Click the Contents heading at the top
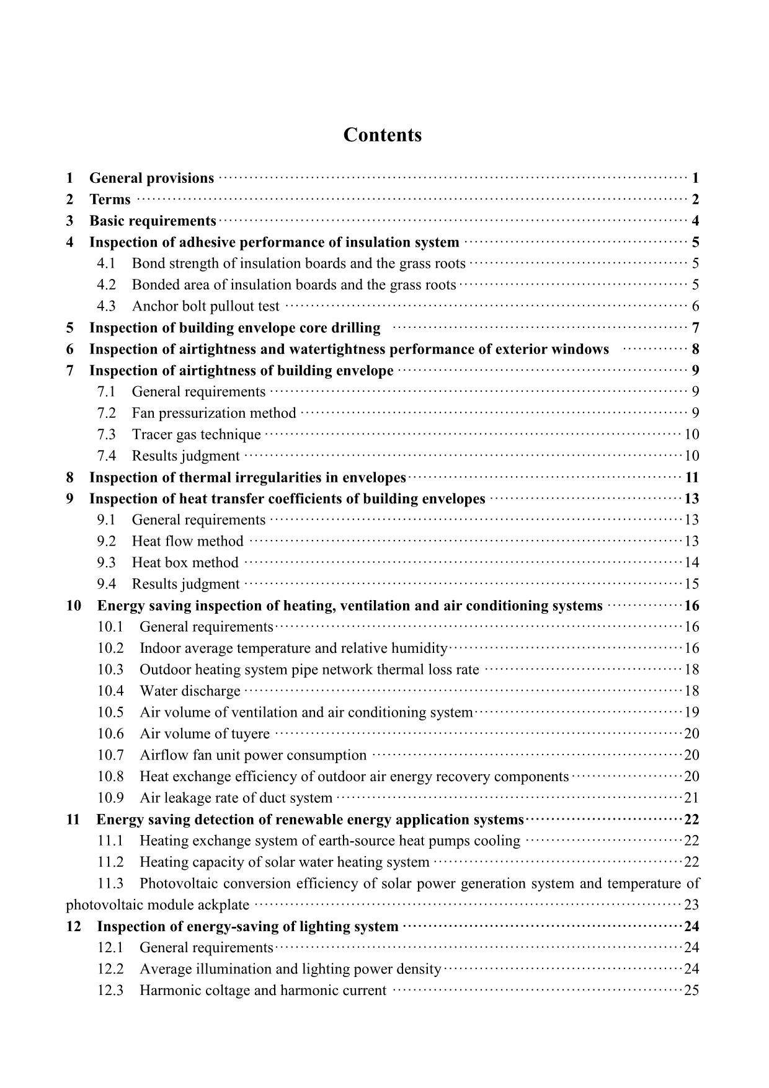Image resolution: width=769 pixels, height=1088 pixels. pos(382,135)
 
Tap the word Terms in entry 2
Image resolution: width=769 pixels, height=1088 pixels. pos(110,200)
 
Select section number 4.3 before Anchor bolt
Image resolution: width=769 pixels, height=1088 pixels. pos(106,306)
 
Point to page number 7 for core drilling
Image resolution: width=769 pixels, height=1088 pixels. pos(695,328)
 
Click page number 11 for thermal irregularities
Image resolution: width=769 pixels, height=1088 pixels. pos(691,477)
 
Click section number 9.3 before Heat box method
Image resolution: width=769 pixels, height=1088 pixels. pos(106,563)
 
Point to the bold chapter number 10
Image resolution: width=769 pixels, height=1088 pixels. pos(73,606)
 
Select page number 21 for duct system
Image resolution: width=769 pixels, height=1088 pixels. pos(691,798)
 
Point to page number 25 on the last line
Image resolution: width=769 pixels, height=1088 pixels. pos(691,991)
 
